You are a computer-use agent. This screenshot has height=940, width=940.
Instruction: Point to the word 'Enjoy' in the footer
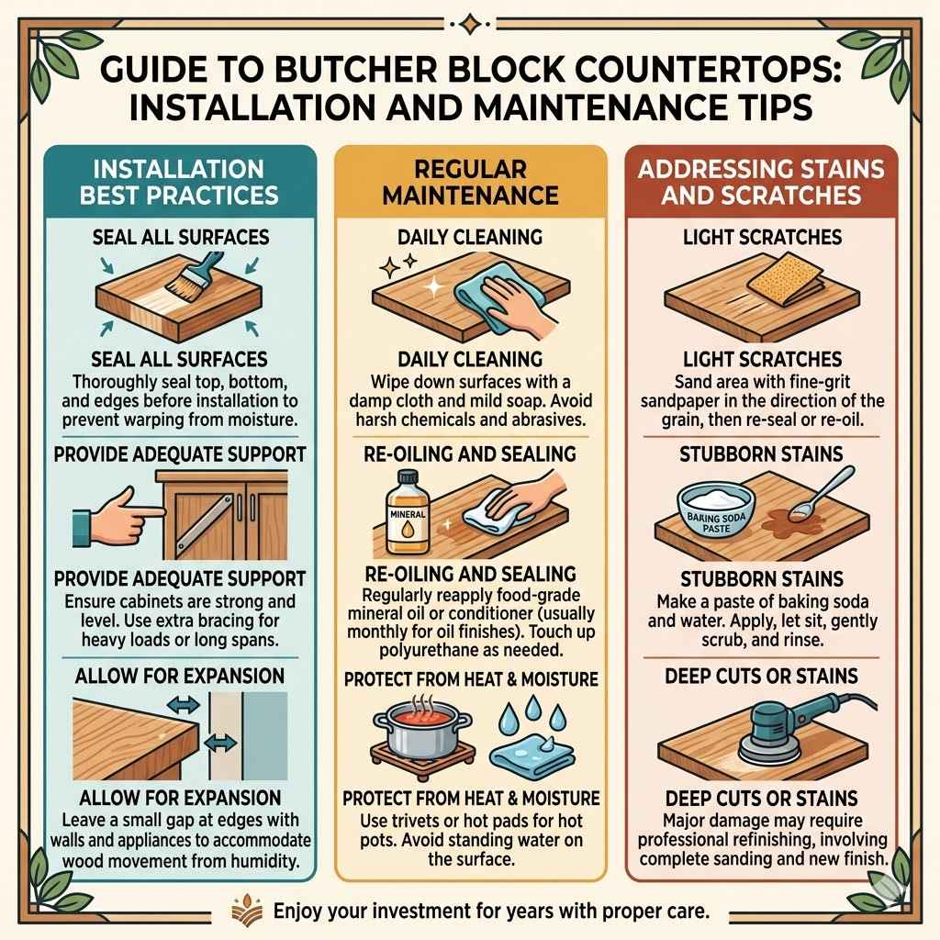pyautogui.click(x=301, y=912)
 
